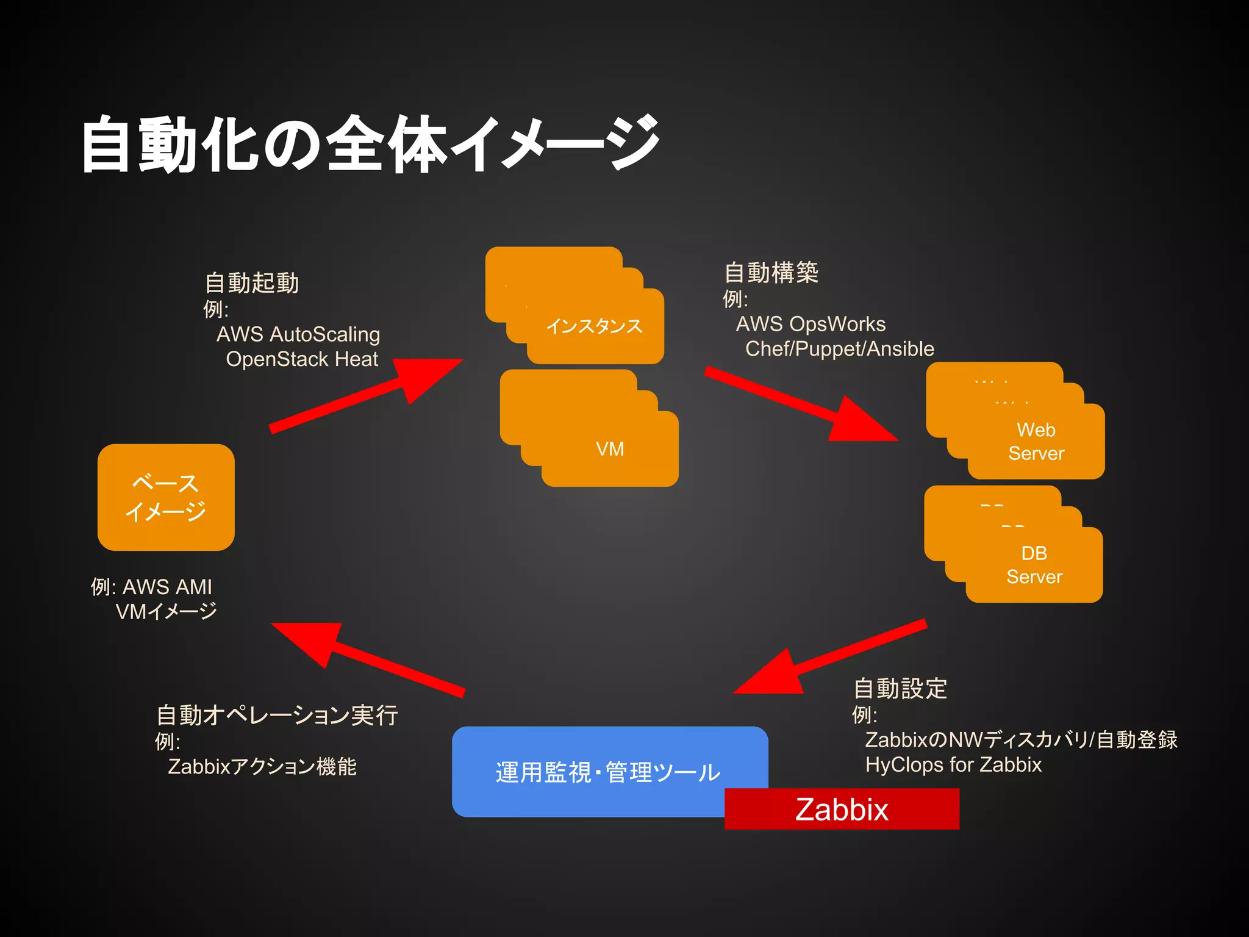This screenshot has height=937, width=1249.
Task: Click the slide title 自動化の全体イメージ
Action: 370,144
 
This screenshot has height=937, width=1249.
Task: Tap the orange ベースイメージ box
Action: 166,497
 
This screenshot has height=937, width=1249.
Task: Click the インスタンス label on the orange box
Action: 595,326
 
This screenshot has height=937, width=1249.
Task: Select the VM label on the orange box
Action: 610,449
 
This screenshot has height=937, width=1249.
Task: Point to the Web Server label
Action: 1036,442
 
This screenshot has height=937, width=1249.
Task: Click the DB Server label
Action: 1034,565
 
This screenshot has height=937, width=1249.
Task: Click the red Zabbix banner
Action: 842,809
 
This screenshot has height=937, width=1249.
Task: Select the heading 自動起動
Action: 252,283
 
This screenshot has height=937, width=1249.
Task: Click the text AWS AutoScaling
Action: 298,334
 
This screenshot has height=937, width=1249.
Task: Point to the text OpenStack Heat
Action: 302,359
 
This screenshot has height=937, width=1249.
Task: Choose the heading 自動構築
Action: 771,272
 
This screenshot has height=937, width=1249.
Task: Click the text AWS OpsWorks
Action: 811,324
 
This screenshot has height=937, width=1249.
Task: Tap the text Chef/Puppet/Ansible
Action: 839,349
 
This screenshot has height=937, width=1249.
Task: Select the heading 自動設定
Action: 900,688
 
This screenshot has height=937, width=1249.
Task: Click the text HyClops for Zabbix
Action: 953,764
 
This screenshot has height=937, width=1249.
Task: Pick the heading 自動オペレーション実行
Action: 277,715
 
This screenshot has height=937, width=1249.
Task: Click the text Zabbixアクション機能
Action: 262,766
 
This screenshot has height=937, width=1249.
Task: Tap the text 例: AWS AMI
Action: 151,587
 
